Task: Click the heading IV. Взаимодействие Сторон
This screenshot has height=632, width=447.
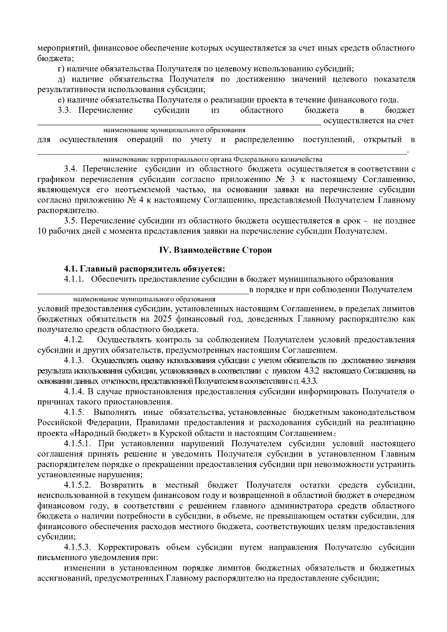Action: point(215,250)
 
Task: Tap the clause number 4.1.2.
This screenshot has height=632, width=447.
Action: point(74,340)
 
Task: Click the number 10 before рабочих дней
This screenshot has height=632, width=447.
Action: point(42,231)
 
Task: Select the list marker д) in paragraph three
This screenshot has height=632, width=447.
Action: point(61,79)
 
